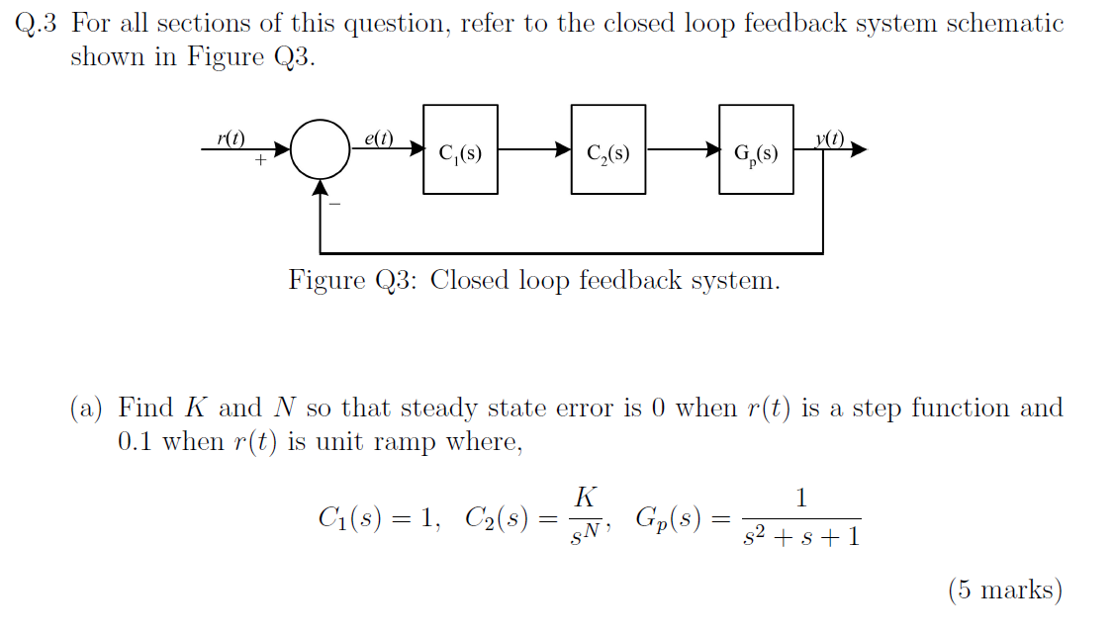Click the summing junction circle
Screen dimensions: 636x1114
[320, 149]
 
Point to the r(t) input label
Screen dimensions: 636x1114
[231, 137]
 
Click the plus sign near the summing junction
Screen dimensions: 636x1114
[260, 159]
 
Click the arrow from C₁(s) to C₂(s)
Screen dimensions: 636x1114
[534, 150]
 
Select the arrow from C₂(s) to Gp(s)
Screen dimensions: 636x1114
[683, 150]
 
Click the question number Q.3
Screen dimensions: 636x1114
[39, 24]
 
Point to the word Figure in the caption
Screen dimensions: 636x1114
[326, 281]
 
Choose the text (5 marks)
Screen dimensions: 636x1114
[1004, 591]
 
